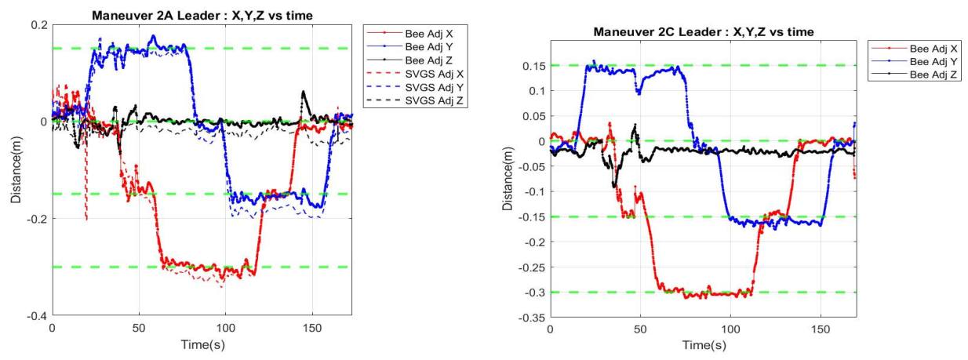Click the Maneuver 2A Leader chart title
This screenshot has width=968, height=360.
202,16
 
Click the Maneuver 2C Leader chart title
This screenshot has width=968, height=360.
704,32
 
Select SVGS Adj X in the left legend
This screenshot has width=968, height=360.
435,74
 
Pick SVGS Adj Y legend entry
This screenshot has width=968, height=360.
435,87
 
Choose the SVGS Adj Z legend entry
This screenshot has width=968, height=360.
435,101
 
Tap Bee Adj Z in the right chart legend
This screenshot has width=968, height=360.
933,75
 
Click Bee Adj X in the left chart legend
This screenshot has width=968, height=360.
429,34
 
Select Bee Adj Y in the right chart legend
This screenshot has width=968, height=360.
933,62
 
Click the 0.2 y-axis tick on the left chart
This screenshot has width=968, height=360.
39,25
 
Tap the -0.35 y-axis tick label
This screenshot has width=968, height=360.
532,318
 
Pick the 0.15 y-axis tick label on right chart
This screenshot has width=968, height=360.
534,66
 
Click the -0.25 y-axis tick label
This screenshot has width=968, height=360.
532,267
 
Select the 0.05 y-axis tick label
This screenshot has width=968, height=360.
534,116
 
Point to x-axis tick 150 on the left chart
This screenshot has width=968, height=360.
312,329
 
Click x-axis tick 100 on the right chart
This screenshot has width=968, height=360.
730,329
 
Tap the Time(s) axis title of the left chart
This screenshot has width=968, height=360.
202,345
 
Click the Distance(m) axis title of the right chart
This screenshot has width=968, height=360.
508,179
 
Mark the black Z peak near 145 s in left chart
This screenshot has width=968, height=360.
303,92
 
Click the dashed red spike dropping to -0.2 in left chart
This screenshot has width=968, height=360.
86,181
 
